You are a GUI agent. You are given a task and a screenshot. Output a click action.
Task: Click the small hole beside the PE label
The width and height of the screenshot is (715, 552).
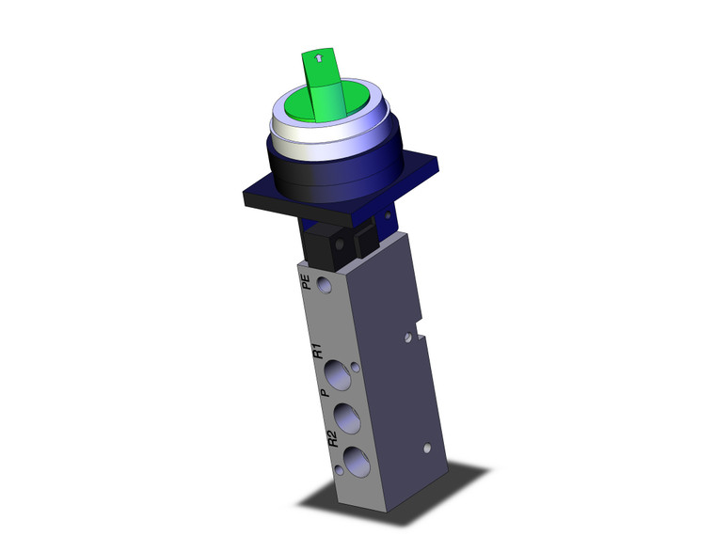click(x=325, y=284)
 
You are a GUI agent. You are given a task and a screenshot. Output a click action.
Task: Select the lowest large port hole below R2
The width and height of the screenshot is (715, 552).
click(x=356, y=460)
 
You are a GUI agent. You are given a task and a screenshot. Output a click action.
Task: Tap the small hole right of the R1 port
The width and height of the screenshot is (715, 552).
click(x=355, y=368)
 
